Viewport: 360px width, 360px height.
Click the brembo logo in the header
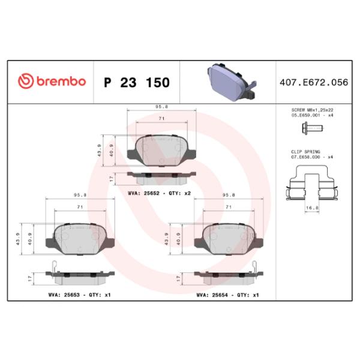pos(52,82)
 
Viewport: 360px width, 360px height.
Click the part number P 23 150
pos(137,82)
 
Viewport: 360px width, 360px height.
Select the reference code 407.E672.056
pos(314,82)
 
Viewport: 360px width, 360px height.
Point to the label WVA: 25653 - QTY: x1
pos(79,295)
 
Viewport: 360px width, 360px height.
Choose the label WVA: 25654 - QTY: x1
pos(228,295)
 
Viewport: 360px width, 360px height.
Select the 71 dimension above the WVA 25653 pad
pos(79,206)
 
